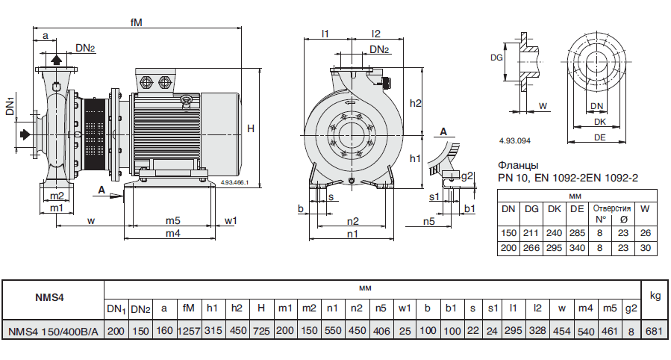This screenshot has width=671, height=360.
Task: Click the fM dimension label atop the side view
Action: point(136,23)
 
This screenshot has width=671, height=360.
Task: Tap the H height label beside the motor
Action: point(252,129)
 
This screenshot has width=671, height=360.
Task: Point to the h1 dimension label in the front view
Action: point(416,159)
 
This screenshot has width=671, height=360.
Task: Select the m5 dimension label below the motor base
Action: point(173,220)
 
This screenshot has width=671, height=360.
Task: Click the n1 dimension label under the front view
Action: point(353,234)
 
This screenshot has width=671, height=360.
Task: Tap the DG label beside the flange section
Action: point(496,57)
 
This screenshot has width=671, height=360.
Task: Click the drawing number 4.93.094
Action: point(514,140)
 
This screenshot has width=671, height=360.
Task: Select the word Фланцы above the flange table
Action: point(517,165)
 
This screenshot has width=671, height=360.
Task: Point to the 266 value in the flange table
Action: point(531,247)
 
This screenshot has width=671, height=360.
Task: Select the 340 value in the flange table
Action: point(577,247)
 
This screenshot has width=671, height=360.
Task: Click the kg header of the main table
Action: point(655,297)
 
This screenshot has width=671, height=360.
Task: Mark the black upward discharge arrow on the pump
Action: point(57,60)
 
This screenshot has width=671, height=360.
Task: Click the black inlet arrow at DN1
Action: point(25,134)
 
